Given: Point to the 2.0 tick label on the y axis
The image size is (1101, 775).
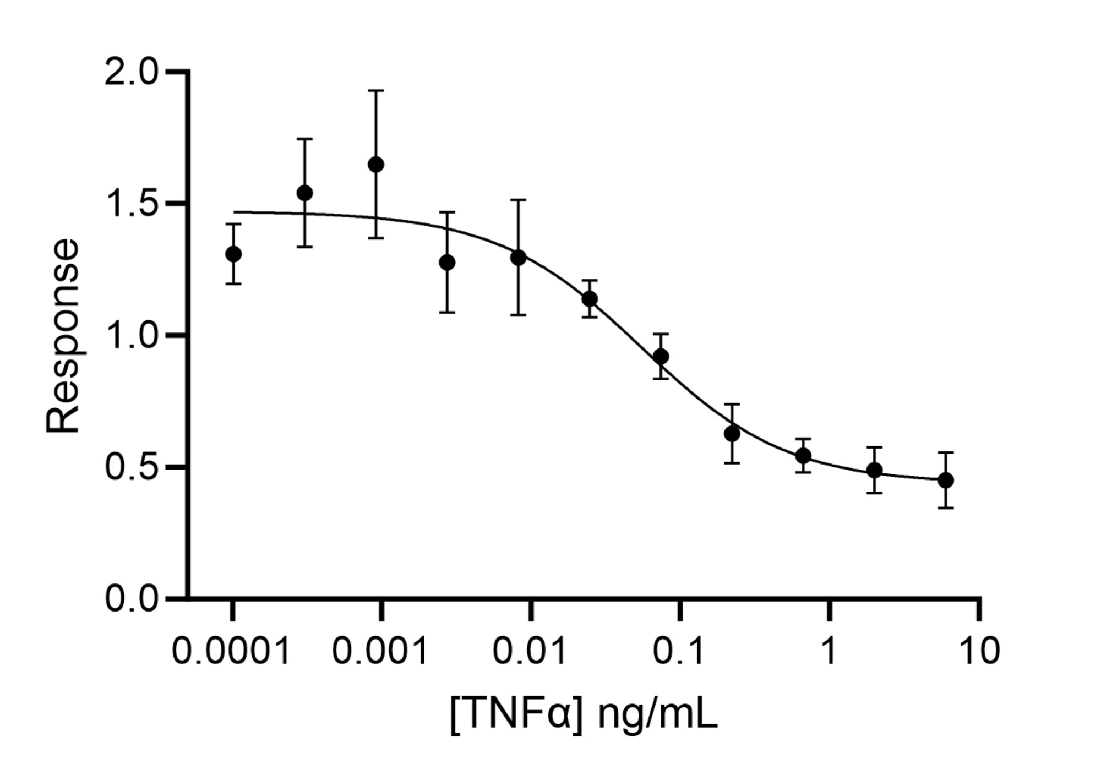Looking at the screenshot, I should [131, 72].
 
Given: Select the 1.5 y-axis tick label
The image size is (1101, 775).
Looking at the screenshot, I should [131, 204].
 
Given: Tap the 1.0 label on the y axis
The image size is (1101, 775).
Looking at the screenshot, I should [131, 335].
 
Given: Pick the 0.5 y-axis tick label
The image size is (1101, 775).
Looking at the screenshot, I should [131, 467].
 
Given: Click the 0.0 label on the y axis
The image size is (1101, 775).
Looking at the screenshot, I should [131, 598].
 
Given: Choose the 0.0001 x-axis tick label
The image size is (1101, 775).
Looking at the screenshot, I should [231, 651].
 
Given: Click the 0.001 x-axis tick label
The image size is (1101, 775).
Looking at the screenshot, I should [380, 651].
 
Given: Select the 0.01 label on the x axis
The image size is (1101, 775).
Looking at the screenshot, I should [530, 651].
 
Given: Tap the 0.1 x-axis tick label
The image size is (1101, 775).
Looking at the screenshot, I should [679, 651].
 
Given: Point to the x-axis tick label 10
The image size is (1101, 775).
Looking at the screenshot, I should [979, 651].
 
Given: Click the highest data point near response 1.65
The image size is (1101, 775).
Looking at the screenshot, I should [376, 164].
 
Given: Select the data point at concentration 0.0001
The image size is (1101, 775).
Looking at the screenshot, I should [233, 254].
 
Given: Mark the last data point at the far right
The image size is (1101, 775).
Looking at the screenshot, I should [946, 480].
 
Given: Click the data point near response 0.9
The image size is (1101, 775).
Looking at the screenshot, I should [661, 356].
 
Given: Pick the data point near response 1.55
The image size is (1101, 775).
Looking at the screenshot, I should [304, 193].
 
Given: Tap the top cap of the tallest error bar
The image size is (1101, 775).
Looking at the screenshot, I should [376, 90].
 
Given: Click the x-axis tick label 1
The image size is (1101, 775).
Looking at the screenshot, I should [829, 651].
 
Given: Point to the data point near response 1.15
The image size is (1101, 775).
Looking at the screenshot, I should [590, 299].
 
